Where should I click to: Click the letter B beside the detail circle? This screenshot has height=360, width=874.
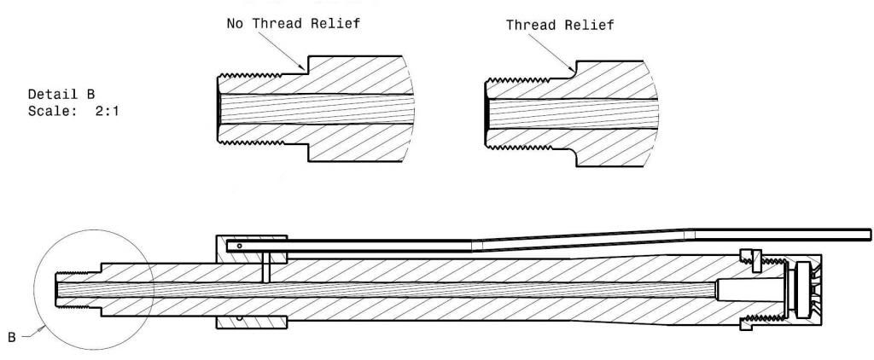pyautogui.click(x=12, y=338)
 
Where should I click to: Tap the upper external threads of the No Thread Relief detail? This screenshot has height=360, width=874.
pyautogui.click(x=256, y=78)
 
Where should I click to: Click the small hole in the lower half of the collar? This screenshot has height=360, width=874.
pyautogui.click(x=242, y=320)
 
